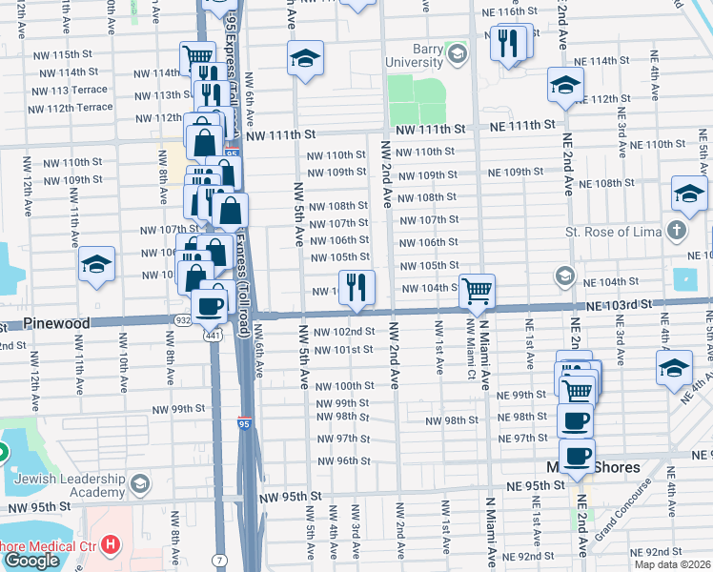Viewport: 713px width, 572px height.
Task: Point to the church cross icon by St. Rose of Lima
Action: (676, 231)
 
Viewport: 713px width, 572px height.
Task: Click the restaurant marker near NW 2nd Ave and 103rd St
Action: (356, 288)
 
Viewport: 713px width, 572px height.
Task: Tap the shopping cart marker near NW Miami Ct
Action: (477, 290)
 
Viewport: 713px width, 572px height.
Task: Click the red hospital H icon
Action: (112, 545)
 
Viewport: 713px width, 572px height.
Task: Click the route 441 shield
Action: (211, 336)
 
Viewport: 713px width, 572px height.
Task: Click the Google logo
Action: (32, 560)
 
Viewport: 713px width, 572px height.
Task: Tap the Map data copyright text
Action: (671, 564)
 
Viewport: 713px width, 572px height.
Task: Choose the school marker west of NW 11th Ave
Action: (96, 264)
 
